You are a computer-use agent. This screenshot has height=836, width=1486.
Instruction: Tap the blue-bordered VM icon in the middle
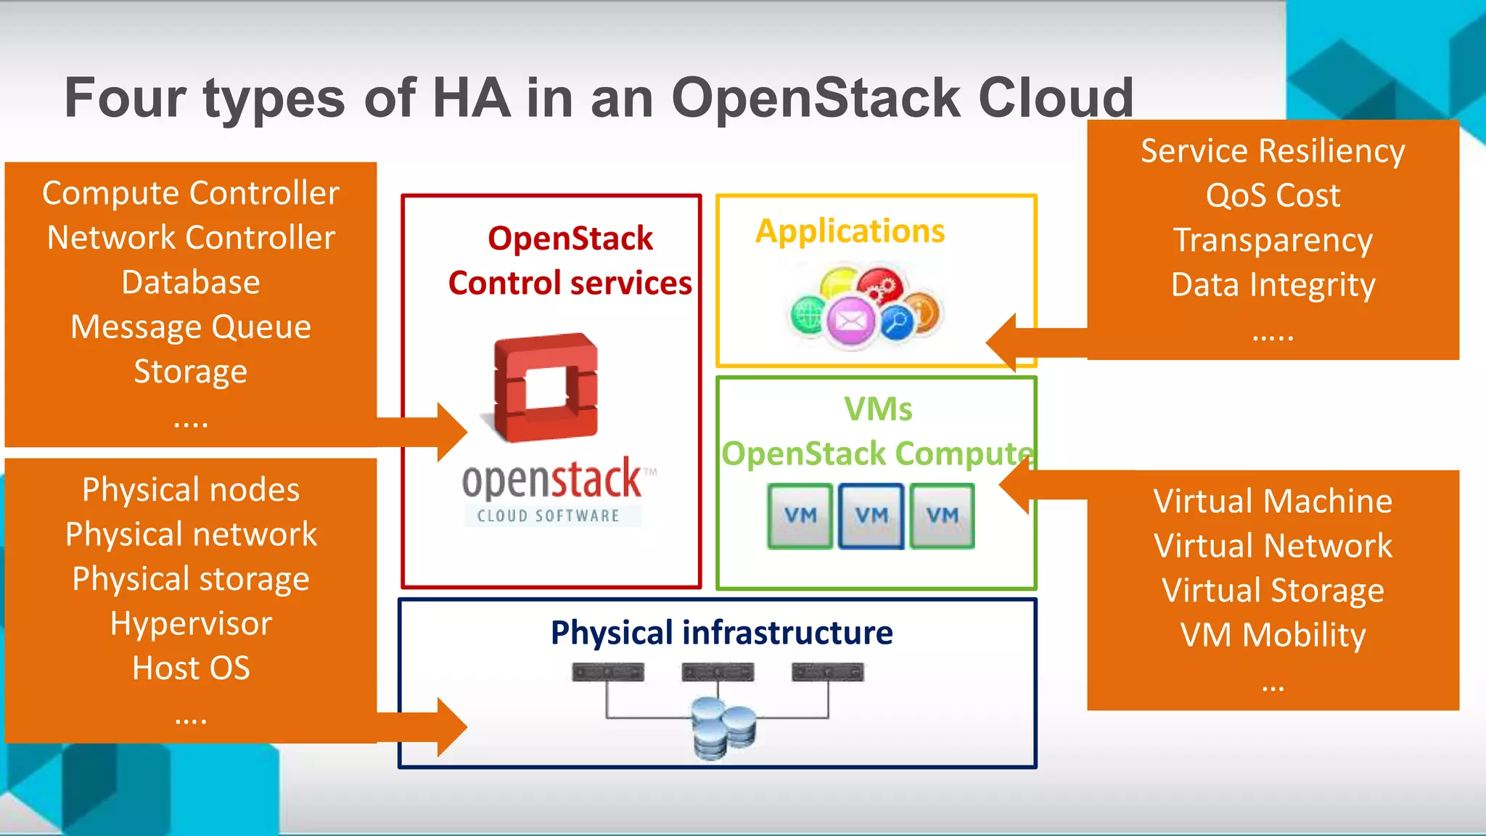tap(871, 516)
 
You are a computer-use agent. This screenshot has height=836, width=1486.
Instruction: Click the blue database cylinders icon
tap(723, 728)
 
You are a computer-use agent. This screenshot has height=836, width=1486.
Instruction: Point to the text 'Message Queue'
tap(191, 327)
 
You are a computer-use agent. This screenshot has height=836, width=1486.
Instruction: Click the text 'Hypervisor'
tap(191, 623)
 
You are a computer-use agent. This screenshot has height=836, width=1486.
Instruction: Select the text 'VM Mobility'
tap(1273, 635)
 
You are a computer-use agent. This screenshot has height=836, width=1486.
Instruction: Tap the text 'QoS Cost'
tap(1273, 195)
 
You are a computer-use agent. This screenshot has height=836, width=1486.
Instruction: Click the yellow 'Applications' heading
tap(850, 231)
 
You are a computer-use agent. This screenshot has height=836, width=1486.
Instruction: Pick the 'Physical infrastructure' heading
tap(721, 632)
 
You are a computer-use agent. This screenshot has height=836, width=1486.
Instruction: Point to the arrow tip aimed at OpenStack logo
tap(461, 433)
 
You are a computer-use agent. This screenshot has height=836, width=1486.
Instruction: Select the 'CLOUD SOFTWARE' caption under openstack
tap(549, 516)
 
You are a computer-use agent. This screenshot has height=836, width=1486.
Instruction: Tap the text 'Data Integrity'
tap(1273, 284)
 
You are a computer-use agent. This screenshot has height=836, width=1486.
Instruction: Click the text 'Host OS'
tap(191, 668)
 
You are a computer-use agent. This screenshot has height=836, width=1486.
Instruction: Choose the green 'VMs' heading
tap(878, 409)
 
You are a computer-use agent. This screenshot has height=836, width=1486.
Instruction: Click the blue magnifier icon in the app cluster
tap(897, 321)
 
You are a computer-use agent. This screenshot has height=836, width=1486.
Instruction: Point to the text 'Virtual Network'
tap(1273, 546)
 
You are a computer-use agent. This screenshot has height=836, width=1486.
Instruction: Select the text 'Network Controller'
tap(191, 237)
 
